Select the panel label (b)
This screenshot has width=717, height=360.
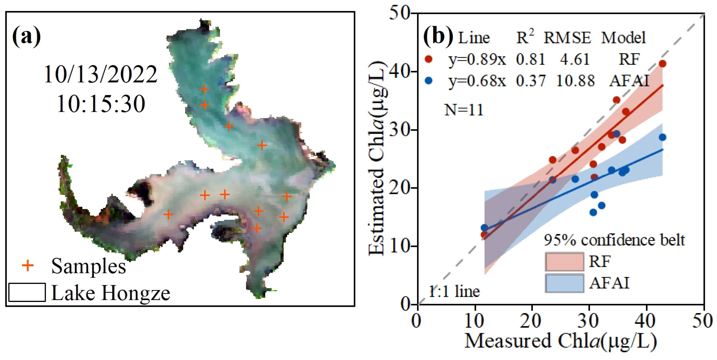pos(438,36)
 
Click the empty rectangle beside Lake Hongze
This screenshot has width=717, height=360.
pos(27,292)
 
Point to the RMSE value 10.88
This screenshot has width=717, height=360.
pos(575,81)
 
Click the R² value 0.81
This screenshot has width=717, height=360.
pos(530,59)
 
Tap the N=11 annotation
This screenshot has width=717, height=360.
pos(464,110)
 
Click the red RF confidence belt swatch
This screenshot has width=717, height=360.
pos(564,261)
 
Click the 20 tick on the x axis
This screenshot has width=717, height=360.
pos(531,321)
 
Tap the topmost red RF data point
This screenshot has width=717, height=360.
pos(662,64)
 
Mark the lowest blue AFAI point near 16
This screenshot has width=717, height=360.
pos(593,213)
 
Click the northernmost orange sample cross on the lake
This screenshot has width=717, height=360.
pos(204,89)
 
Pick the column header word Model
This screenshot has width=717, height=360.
pos(623,37)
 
